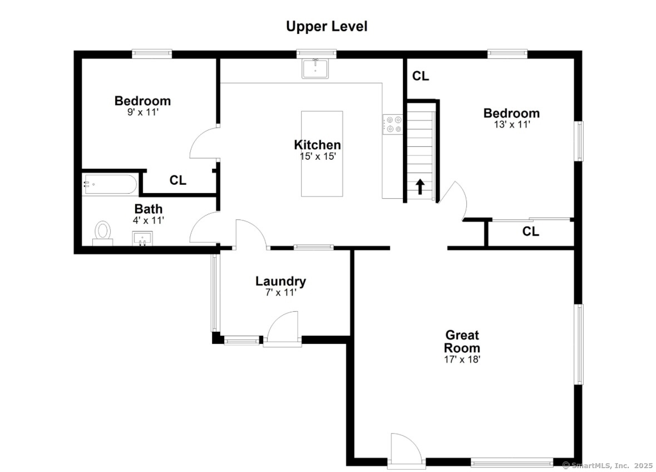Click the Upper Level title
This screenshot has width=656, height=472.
pyautogui.click(x=327, y=26)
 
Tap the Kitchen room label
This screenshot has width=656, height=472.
pyautogui.click(x=318, y=145)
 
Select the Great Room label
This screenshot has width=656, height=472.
pyautogui.click(x=462, y=341)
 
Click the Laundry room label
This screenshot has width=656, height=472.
pyautogui.click(x=281, y=281)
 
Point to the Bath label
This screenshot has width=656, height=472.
pyautogui.click(x=149, y=209)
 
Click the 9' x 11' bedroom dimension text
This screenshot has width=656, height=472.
pyautogui.click(x=143, y=112)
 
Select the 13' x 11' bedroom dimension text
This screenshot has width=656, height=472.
pyautogui.click(x=512, y=124)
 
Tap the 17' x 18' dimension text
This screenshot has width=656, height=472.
pyautogui.click(x=462, y=360)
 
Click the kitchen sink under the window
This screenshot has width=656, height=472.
pyautogui.click(x=315, y=68)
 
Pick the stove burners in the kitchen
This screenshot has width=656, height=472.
pyautogui.click(x=394, y=124)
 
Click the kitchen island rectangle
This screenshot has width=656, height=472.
pyautogui.click(x=322, y=154)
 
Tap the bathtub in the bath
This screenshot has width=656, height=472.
pyautogui.click(x=110, y=184)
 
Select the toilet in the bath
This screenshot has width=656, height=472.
pyautogui.click(x=102, y=234)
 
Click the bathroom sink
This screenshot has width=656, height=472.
pyautogui.click(x=142, y=239)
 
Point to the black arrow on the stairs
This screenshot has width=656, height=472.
pyautogui.click(x=420, y=187)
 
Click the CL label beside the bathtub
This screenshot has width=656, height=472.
pyautogui.click(x=178, y=180)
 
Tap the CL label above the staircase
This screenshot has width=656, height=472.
pyautogui.click(x=421, y=76)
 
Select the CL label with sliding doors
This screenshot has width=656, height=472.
pyautogui.click(x=530, y=232)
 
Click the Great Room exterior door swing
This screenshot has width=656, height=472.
pyautogui.click(x=406, y=449)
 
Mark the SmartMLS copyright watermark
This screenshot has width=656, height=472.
pyautogui.click(x=608, y=465)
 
